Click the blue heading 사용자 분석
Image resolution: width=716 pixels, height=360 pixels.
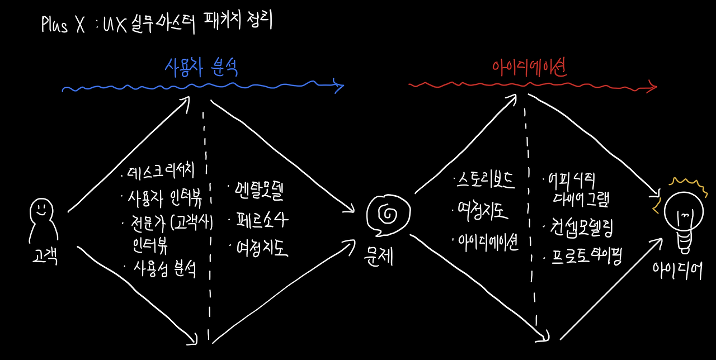click(x=201, y=68)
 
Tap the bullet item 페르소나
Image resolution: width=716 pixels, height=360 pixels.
click(x=259, y=220)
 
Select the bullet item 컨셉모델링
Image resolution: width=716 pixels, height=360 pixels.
click(x=579, y=228)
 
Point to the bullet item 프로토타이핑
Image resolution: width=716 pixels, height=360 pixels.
click(x=582, y=258)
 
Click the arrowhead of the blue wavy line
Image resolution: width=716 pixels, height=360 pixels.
click(x=338, y=86)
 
